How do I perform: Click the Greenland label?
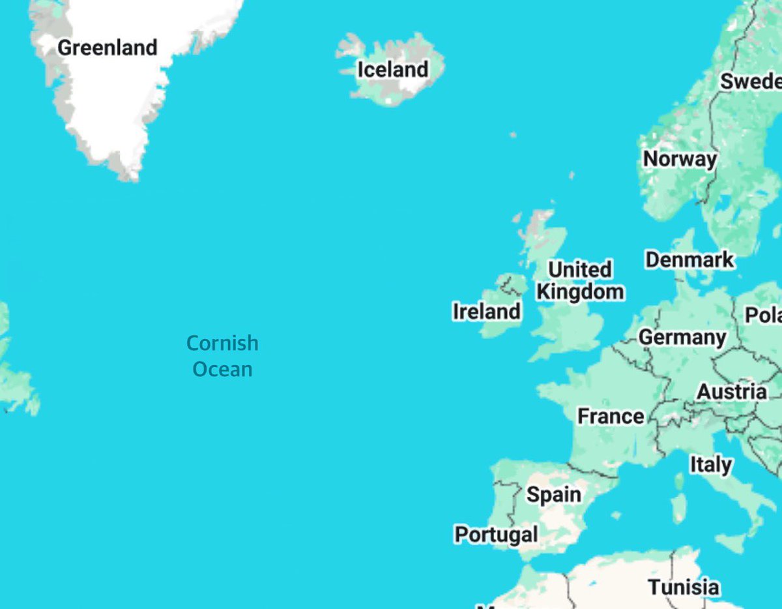pyautogui.click(x=108, y=48)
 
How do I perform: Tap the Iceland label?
pyautogui.click(x=392, y=69)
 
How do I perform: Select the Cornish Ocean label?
pyautogui.click(x=222, y=356)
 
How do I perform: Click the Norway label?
pyautogui.click(x=680, y=158)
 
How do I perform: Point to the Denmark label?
pyautogui.click(x=689, y=260)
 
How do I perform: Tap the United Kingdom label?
pyautogui.click(x=579, y=280)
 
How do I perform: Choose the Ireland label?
pyautogui.click(x=486, y=311)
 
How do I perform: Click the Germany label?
pyautogui.click(x=682, y=337)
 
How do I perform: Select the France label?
pyautogui.click(x=611, y=415)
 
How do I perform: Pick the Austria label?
pyautogui.click(x=732, y=392)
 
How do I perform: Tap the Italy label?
pyautogui.click(x=710, y=464)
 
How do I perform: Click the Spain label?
pyautogui.click(x=554, y=494)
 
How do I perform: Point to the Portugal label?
pyautogui.click(x=496, y=535)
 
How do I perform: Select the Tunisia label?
pyautogui.click(x=684, y=587)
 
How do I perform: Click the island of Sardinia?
pyautogui.click(x=679, y=507)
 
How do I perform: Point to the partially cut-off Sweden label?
pyautogui.click(x=750, y=82)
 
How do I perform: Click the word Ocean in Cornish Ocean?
pyautogui.click(x=222, y=369)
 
